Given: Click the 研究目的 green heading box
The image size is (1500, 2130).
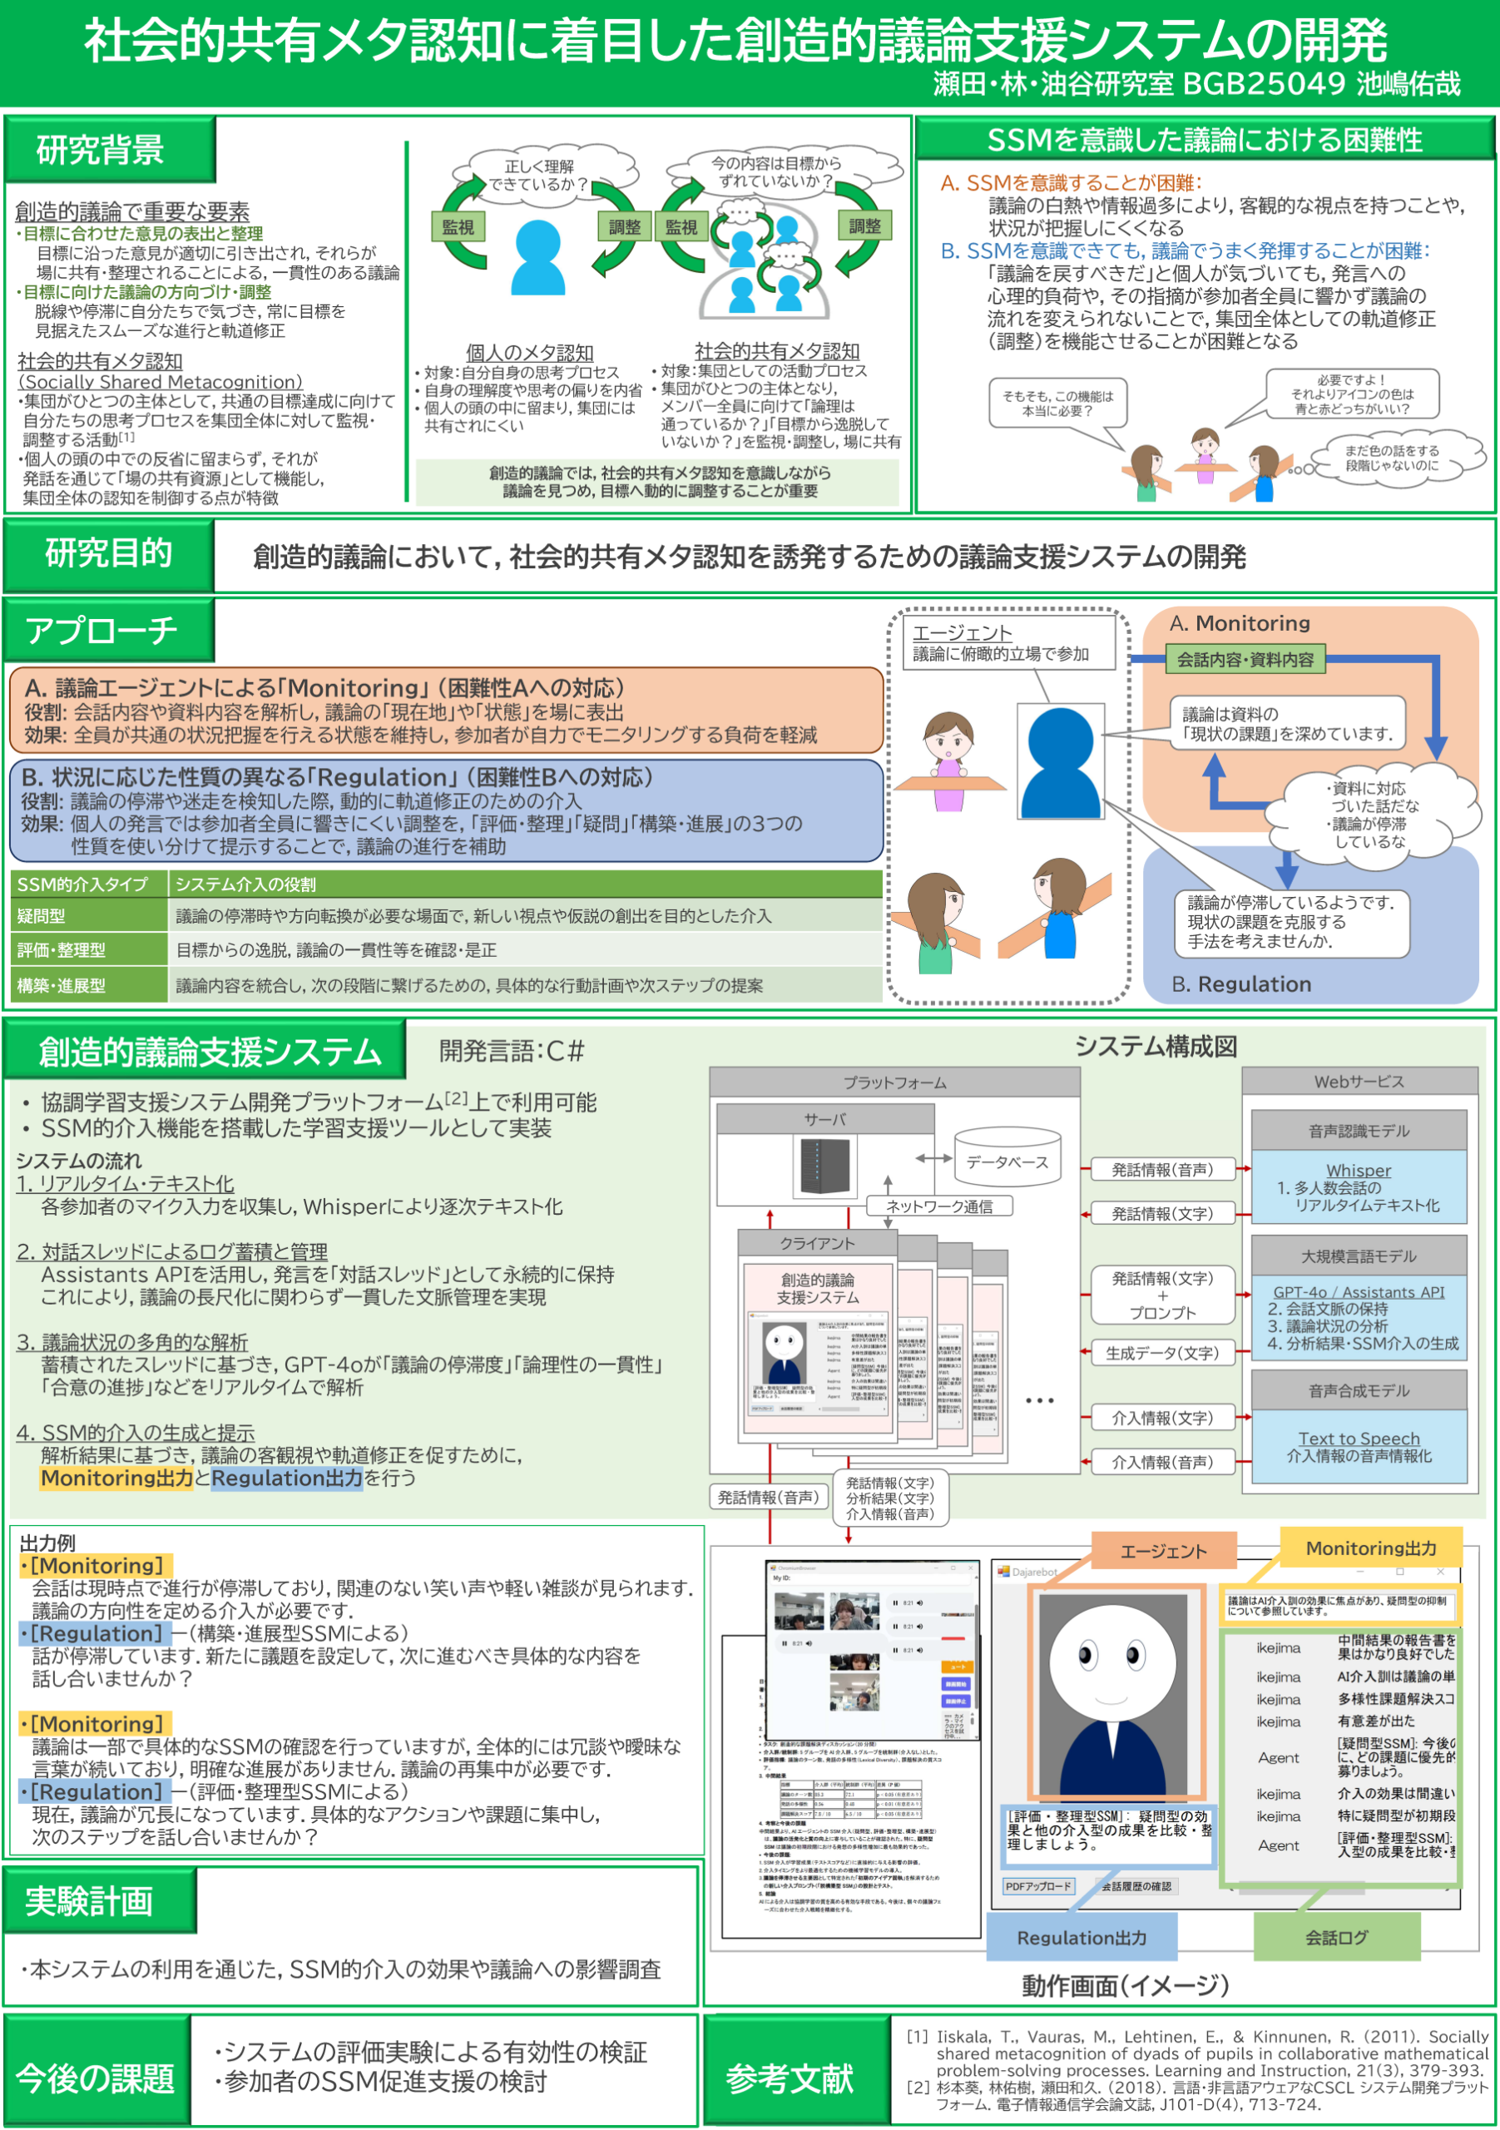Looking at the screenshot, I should point(108,555).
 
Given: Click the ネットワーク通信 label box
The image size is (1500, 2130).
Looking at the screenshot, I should point(938,1206).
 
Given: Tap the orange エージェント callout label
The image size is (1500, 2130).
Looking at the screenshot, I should point(1163,1551).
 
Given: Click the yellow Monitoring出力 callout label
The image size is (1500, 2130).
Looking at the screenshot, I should point(1370,1548).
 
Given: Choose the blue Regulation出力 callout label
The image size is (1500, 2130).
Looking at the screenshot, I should point(1082,1937).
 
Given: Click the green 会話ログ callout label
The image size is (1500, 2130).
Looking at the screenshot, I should point(1336,1937).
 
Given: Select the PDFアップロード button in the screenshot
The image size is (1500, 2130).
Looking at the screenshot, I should point(1038,1886).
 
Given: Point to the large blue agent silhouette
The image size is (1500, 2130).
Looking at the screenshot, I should point(1060,760).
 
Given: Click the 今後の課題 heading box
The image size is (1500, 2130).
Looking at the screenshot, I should point(96,2078).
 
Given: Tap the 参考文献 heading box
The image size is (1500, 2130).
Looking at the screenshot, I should point(790,2078).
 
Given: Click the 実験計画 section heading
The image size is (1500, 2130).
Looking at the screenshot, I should point(89,1901).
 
